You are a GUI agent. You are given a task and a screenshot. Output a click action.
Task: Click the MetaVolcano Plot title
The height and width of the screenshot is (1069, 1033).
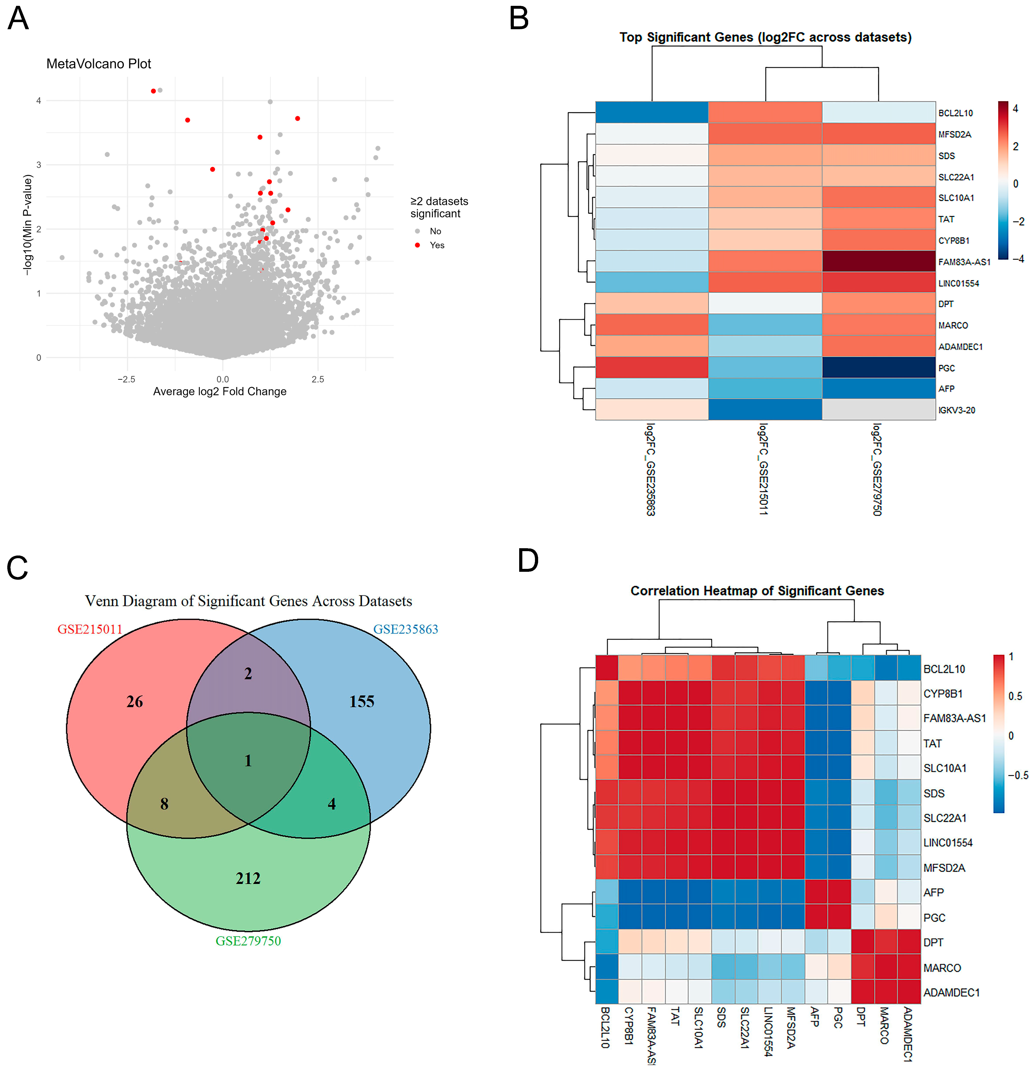point(99,64)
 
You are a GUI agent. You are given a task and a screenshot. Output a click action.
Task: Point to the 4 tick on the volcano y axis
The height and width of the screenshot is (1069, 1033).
point(39,100)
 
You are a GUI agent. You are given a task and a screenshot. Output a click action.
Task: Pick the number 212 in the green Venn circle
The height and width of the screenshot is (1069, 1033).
point(248,878)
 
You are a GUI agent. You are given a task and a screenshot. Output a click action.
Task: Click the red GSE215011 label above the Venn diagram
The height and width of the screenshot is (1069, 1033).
point(90,629)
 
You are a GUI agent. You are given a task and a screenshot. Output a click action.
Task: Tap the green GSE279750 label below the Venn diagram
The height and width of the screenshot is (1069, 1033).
point(248,941)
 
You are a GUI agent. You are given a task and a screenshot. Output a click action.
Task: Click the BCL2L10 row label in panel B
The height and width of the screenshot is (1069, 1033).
point(955,113)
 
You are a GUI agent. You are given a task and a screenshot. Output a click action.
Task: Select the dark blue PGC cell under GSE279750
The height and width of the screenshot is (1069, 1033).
point(879,368)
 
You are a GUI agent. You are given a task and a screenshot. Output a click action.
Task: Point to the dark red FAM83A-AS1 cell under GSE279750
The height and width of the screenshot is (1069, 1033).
point(879,261)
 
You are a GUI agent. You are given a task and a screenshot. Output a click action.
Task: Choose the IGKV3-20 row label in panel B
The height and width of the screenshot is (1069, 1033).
point(957,410)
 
